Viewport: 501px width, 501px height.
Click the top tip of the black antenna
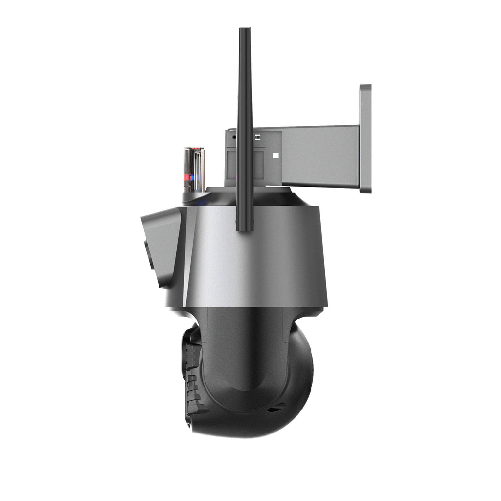(245, 31)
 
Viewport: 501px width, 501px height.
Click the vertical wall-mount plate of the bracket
(365, 138)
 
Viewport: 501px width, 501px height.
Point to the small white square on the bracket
(275, 156)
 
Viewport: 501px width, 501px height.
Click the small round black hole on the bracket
(234, 137)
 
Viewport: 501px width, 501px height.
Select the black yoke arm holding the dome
(245, 352)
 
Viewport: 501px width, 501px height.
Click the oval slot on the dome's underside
(276, 408)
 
